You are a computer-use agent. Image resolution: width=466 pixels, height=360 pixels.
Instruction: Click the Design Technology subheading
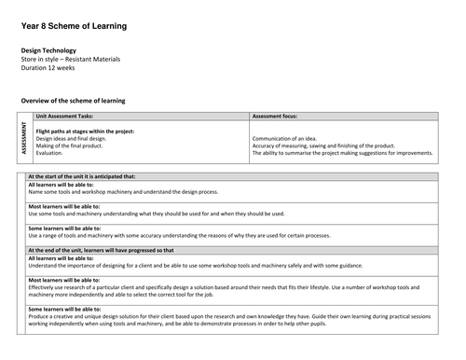(x=48, y=50)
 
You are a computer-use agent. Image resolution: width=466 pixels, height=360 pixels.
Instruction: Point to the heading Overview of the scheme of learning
(x=73, y=100)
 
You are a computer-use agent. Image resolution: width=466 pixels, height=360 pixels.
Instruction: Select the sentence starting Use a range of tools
(x=186, y=235)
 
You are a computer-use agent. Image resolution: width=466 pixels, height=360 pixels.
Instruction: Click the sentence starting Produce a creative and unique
(x=224, y=315)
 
